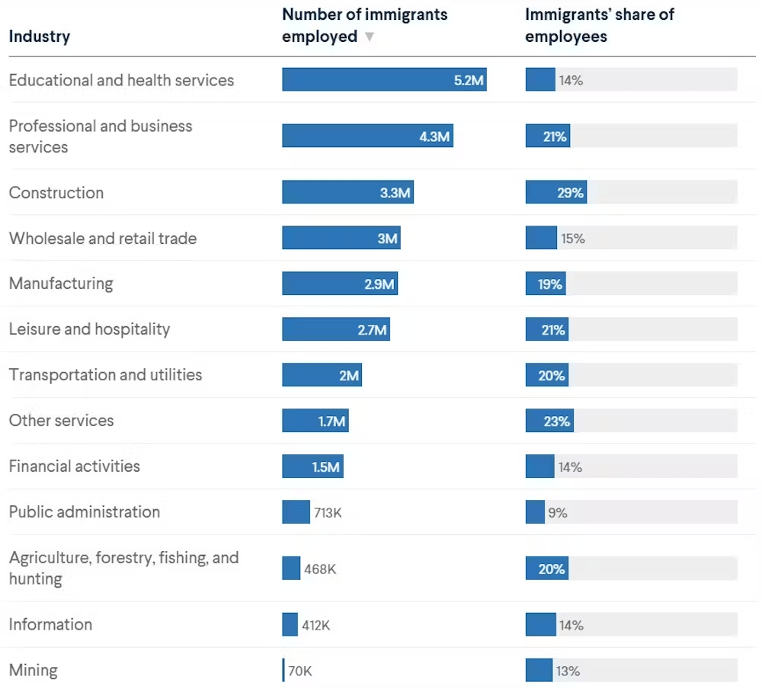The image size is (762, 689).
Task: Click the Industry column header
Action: pyautogui.click(x=40, y=37)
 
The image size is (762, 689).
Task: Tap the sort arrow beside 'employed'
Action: pyautogui.click(x=370, y=37)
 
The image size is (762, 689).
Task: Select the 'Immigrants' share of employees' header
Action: pyautogui.click(x=600, y=25)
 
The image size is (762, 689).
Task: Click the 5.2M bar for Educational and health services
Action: pyautogui.click(x=384, y=79)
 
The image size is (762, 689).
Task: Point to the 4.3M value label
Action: pyautogui.click(x=434, y=136)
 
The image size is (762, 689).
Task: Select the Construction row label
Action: pyautogui.click(x=56, y=193)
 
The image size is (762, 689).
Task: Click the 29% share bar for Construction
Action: pyautogui.click(x=555, y=193)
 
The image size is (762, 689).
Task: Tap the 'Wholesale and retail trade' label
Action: pyautogui.click(x=103, y=239)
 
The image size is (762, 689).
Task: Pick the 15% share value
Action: pyautogui.click(x=572, y=239)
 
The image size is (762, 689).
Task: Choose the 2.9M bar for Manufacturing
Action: pyautogui.click(x=340, y=284)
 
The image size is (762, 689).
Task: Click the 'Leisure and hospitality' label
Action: pyautogui.click(x=89, y=329)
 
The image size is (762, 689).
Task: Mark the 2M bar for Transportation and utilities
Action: pyautogui.click(x=322, y=375)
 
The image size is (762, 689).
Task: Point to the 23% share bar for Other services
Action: pyautogui.click(x=549, y=421)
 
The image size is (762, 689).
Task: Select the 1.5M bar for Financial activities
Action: pyautogui.click(x=312, y=466)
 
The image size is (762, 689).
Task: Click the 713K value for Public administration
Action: pyautogui.click(x=328, y=513)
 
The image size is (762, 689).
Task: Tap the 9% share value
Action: pyautogui.click(x=558, y=513)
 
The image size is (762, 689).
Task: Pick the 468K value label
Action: pyautogui.click(x=320, y=569)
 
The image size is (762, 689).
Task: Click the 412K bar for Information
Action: pyautogui.click(x=290, y=625)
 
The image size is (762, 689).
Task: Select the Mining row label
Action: pyautogui.click(x=34, y=671)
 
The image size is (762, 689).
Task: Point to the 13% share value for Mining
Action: pyautogui.click(x=568, y=671)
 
